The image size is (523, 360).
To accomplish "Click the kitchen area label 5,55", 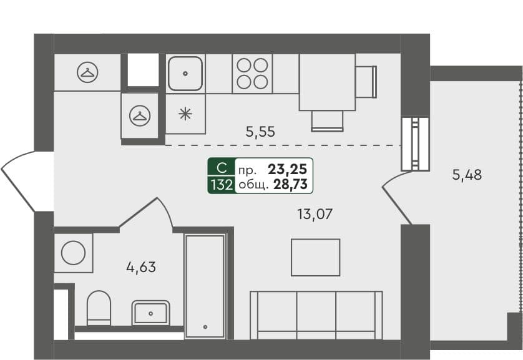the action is pos(260,132).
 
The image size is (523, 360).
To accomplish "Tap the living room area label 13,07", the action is pos(315,214).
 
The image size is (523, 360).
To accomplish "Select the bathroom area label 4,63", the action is pos(141,267).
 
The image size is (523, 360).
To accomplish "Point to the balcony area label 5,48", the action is pos(467,175).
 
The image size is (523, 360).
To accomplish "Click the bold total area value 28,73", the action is pos(290,184).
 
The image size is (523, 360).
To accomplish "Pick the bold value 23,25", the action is pos(288,169).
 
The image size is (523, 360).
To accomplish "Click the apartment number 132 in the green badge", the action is pos(222,184).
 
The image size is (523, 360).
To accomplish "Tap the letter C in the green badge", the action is pos(222,168).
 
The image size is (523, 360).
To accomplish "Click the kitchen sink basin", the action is pos(185,74).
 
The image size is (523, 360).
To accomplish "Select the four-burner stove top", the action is pos(252,74).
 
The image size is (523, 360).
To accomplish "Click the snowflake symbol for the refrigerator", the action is pos(185,114).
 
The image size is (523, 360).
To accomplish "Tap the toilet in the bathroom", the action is pos(99,308).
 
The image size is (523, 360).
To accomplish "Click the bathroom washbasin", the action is pos(151,313).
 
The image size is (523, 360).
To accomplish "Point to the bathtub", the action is pos(205,286).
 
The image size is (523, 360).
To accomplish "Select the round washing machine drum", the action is pos(74,253).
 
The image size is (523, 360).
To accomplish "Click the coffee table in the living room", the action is pos(316,257).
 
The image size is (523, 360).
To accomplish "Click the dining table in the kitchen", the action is pos(327,82).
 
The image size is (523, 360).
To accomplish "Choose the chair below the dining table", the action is pos(327,120).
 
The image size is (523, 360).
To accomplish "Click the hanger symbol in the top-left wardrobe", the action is pos(87,72).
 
